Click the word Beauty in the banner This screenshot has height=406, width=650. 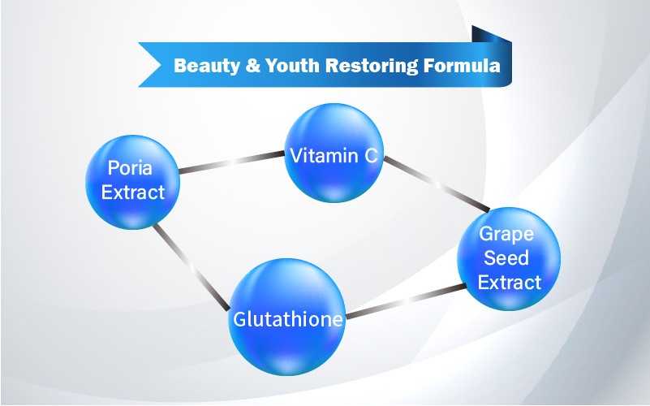[207, 66]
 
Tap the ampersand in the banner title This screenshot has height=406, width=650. [252, 66]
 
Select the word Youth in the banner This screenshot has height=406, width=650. [292, 66]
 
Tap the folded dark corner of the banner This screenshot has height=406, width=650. [491, 34]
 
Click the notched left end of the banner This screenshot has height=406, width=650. [149, 65]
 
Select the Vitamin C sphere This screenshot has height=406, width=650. [334, 153]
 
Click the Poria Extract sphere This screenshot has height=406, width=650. [132, 182]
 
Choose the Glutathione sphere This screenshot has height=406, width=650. [287, 317]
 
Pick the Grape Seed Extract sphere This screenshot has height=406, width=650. [509, 259]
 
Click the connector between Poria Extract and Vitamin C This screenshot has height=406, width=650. [232, 162]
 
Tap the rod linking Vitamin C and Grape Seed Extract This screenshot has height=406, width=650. [437, 184]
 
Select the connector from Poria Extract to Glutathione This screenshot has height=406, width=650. [191, 267]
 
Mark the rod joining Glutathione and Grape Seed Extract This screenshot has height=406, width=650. [406, 301]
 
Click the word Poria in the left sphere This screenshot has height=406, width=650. [130, 168]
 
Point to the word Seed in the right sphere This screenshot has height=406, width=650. [506, 258]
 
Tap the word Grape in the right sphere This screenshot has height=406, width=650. [506, 235]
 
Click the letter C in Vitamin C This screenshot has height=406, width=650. [371, 156]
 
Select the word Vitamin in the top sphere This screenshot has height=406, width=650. [323, 156]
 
